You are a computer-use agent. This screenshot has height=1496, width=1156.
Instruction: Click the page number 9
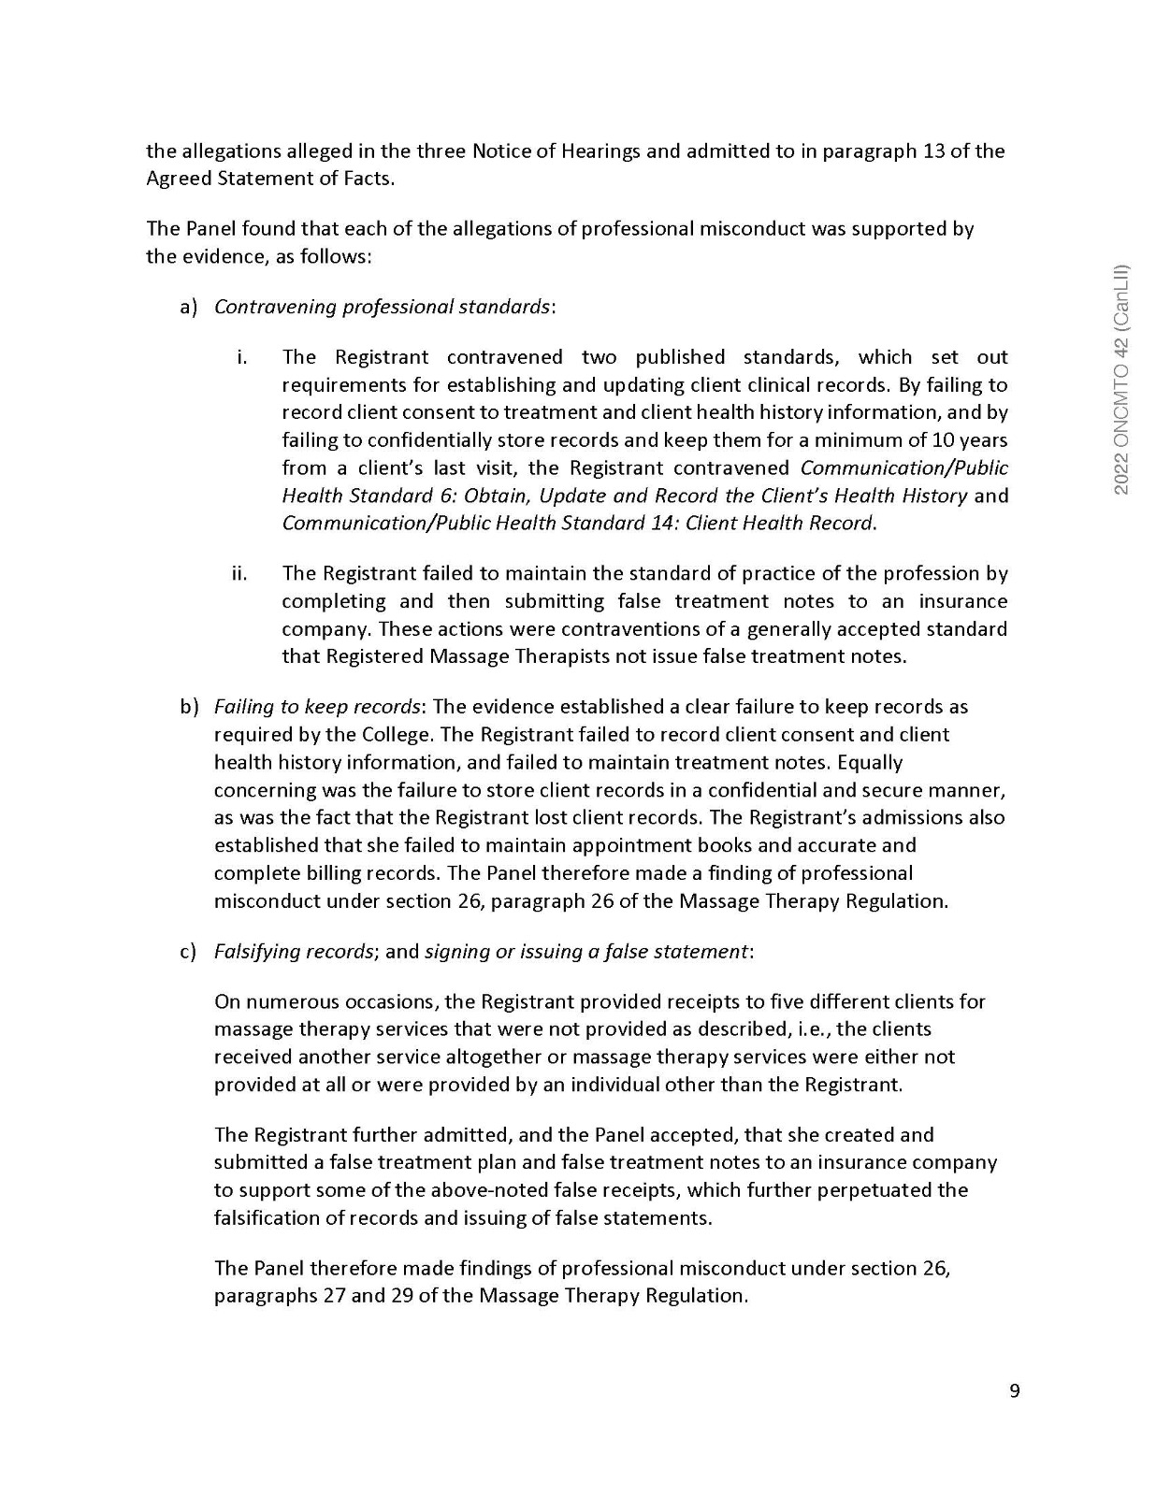1015,1391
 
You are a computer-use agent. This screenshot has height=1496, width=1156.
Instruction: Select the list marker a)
189,307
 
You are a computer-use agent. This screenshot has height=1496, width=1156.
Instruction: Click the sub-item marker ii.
239,573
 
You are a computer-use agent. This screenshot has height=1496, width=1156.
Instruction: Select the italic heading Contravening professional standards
383,307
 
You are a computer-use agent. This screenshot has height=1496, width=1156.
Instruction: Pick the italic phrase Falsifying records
294,951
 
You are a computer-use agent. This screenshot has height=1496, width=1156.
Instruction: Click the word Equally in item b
869,762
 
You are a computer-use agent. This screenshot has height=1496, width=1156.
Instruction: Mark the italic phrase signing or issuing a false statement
586,951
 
